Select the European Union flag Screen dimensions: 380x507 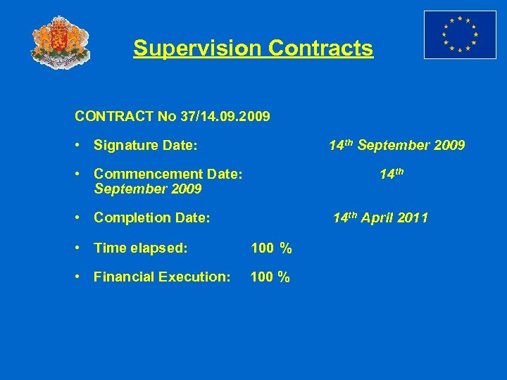click(460, 34)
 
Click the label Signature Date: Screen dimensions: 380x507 click(145, 146)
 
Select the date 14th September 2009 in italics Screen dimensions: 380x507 click(396, 146)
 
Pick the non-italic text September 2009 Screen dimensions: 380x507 click(148, 189)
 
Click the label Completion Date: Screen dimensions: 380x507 click(151, 218)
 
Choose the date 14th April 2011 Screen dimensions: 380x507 click(380, 218)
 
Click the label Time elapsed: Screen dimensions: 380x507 click(141, 248)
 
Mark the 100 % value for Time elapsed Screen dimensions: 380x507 click(271, 248)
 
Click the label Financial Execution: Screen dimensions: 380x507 click(162, 277)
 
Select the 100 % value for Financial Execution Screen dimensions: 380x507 click(270, 277)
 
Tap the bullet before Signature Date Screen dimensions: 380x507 click(80, 146)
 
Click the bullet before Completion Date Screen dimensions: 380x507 click(80, 218)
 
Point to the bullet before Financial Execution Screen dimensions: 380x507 click(80, 277)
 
